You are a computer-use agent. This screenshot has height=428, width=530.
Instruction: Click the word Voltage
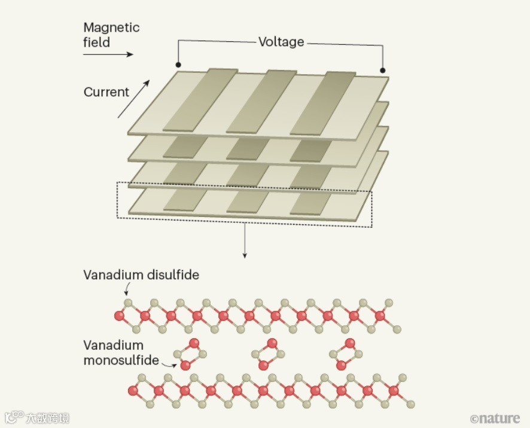[x=281, y=42]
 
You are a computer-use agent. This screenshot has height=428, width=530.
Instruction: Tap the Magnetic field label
[x=111, y=35]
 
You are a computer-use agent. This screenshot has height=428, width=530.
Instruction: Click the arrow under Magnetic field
[x=108, y=54]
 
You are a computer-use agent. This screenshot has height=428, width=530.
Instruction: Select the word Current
[x=106, y=92]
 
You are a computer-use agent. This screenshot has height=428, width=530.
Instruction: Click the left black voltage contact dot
[x=178, y=65]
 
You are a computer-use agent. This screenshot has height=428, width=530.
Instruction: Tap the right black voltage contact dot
[x=383, y=70]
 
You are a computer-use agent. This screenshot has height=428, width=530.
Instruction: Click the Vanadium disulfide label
[x=141, y=275]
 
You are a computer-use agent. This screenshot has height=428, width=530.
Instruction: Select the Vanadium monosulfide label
[x=121, y=353]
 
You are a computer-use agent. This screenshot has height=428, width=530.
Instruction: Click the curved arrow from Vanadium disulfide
[x=127, y=289]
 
